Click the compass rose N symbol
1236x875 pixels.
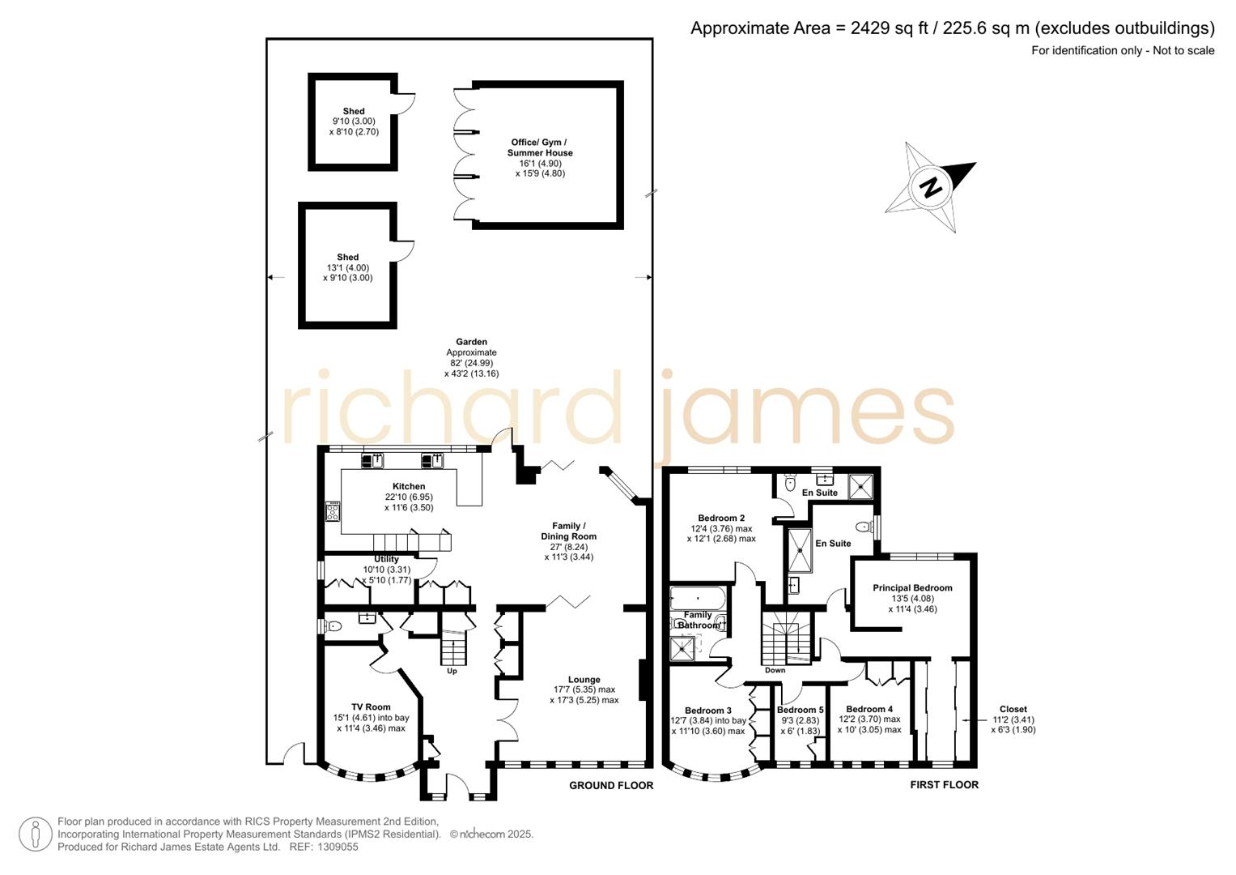coord(931,187)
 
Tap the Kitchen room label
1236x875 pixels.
coord(409,487)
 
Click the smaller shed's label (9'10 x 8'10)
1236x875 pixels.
coord(354,112)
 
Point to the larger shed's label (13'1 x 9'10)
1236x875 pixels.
coord(347,258)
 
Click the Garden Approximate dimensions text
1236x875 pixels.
coord(471,358)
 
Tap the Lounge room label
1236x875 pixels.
coord(584,680)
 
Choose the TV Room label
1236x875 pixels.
coord(371,707)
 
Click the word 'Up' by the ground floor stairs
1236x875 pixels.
coord(452,671)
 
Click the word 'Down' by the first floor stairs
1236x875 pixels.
coord(775,670)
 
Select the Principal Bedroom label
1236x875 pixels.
coord(912,588)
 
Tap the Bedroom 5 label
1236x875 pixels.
coord(800,710)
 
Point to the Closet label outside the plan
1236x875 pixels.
coord(1013,709)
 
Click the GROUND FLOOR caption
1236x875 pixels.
coord(610,785)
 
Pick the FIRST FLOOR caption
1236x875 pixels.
coord(944,784)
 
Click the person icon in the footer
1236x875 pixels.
coord(36,834)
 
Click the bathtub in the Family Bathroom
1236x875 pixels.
coord(697,600)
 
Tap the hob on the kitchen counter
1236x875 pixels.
coord(333,511)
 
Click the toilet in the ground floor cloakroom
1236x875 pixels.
coord(333,626)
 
